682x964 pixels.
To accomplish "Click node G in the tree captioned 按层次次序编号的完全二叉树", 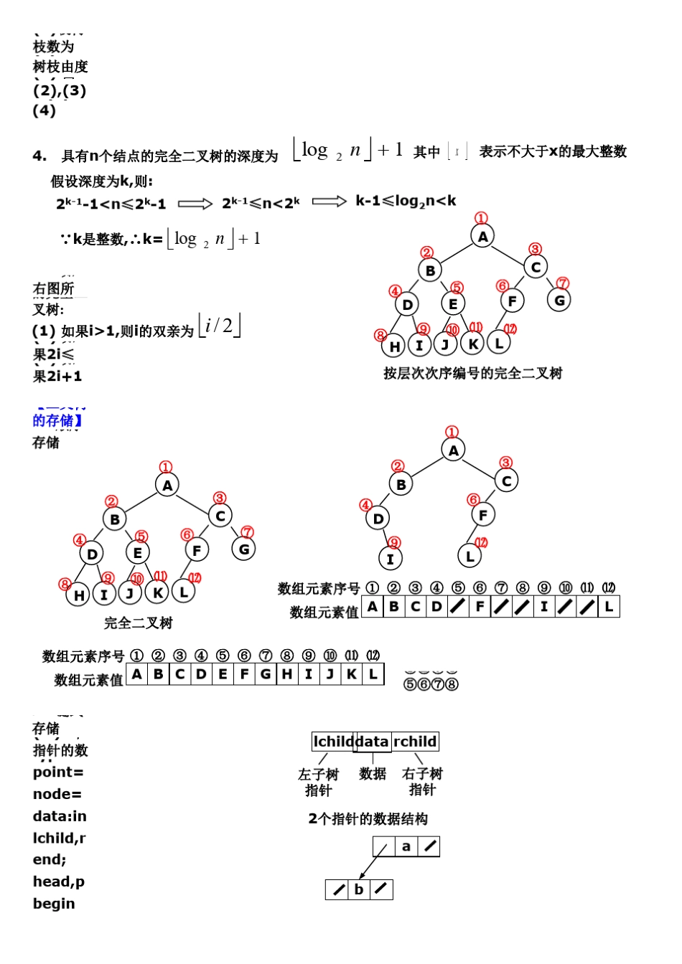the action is click(559, 300).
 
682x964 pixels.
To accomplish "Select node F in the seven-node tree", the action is click(483, 514).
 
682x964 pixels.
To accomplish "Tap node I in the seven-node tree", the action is click(391, 559).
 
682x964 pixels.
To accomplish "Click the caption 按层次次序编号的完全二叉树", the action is click(472, 373).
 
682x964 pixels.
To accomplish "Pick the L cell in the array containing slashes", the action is click(609, 607).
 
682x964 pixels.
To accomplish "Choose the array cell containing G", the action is click(266, 674).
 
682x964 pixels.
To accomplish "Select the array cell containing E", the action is click(223, 674).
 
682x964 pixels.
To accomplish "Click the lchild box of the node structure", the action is click(333, 742).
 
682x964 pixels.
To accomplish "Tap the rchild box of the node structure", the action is click(415, 742).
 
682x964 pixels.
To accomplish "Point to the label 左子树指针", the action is click(318, 782).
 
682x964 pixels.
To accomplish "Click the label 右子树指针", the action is click(422, 782).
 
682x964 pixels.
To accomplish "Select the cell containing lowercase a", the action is click(406, 846).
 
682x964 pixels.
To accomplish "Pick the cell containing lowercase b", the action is click(359, 889).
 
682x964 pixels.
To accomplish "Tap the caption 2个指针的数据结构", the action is click(368, 818).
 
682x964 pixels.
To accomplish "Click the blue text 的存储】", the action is click(57, 420).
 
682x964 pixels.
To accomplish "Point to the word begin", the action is click(54, 904).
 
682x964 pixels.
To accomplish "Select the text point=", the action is click(58, 772).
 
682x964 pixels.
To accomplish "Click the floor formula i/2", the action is click(219, 326).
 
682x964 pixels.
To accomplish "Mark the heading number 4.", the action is click(39, 156).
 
